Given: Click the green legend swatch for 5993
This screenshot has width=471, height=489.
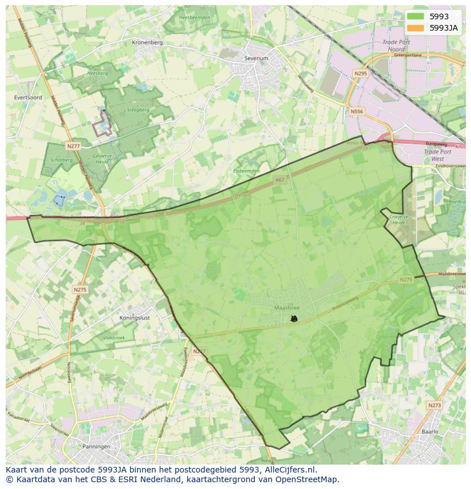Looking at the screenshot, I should coord(415,16).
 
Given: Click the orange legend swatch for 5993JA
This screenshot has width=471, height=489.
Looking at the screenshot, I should coord(415,28).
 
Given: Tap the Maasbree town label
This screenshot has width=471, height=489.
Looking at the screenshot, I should coord(286,308).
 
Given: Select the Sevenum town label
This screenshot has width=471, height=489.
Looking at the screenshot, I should coord(255,58).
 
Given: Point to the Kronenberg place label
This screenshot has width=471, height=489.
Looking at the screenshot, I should coord(147,43).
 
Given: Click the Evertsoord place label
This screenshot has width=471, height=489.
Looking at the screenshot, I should coord(27,98).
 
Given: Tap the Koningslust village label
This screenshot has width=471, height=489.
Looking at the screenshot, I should coord(135,318).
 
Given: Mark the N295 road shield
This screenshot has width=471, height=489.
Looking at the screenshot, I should coord(360,74).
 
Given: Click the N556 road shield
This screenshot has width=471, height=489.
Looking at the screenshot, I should coord(357,111).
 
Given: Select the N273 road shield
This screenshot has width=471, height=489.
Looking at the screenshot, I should coord(434,405).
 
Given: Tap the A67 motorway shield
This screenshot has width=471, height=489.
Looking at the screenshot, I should coord(279,179).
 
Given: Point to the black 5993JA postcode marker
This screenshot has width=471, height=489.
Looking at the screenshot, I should coord(294,319).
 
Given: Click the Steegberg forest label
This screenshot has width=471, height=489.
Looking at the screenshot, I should coord(138,110).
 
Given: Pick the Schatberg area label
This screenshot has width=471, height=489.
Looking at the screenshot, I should coord(61,160).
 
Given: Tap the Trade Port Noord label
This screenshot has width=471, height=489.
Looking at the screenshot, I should coord(396,45).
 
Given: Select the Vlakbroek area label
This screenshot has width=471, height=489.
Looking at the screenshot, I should coord(114,337).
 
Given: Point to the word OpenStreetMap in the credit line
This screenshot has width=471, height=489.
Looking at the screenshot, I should coord(309,479).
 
